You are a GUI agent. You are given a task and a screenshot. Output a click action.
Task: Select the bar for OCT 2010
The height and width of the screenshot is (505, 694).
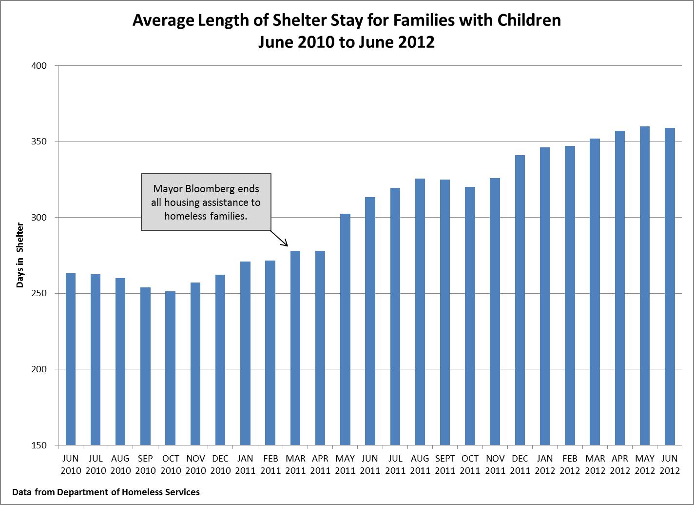(x=170, y=368)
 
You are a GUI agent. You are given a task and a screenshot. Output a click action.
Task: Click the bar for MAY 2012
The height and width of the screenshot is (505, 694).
(x=645, y=285)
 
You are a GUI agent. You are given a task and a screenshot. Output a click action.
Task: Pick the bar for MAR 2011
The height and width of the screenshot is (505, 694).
(x=295, y=347)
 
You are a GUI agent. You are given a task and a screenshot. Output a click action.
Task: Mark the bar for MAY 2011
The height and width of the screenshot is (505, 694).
(x=345, y=329)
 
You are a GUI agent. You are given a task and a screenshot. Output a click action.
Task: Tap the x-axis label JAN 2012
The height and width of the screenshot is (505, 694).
(x=545, y=465)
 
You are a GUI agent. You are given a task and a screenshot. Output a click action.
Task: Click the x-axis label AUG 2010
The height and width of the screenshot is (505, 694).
(x=120, y=465)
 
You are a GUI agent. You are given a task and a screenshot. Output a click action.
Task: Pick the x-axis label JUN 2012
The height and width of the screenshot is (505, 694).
(x=670, y=465)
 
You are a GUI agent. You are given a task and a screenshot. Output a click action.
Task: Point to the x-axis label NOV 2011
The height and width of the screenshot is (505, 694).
(x=495, y=465)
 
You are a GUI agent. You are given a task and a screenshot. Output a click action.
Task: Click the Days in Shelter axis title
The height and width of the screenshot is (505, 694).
(x=20, y=255)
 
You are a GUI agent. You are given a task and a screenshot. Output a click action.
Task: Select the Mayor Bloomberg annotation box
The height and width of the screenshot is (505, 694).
(x=206, y=202)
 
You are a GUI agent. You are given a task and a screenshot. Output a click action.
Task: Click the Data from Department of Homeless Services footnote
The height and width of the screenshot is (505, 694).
(x=106, y=492)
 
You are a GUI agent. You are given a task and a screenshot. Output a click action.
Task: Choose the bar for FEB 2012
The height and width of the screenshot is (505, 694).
(x=570, y=295)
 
